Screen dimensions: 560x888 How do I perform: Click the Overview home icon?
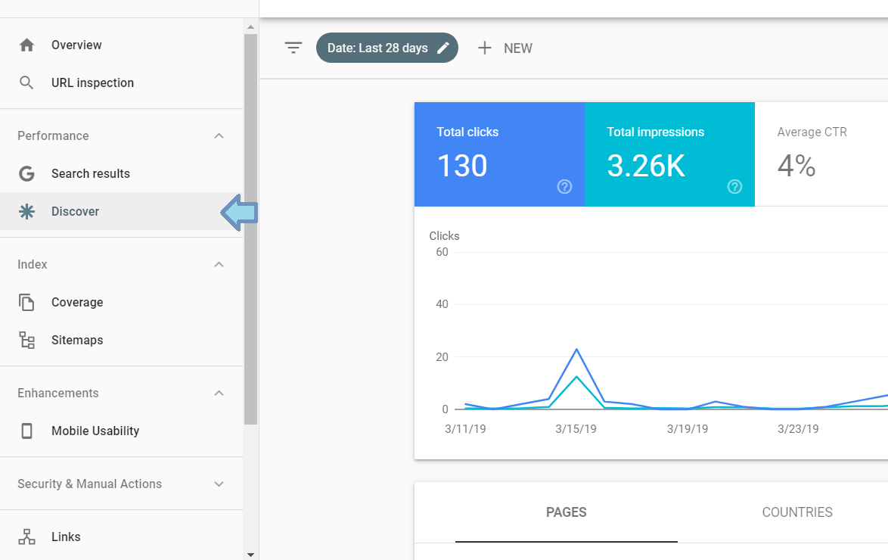click(x=27, y=45)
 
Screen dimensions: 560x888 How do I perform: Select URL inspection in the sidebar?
click(x=92, y=83)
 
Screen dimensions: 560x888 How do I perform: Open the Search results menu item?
click(x=90, y=174)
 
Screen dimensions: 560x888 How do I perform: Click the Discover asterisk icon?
click(x=27, y=212)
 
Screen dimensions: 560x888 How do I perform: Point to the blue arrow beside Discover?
click(x=239, y=214)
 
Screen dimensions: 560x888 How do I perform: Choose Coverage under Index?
click(x=76, y=303)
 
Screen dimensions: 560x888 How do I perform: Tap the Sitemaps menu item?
click(x=76, y=341)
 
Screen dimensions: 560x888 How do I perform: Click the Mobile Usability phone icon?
click(x=27, y=431)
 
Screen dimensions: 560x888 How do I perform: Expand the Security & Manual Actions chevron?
click(x=219, y=484)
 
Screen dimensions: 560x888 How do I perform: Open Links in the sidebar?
click(x=66, y=537)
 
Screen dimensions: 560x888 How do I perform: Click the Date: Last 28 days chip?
click(x=387, y=48)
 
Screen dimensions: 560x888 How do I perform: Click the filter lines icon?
click(x=293, y=48)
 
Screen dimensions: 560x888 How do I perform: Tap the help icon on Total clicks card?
click(x=564, y=187)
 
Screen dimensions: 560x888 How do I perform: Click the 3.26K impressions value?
click(x=646, y=166)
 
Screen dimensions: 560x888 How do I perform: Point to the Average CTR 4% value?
click(x=796, y=166)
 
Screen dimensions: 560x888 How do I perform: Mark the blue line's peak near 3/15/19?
click(x=577, y=349)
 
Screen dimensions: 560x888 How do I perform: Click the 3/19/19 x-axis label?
click(x=688, y=429)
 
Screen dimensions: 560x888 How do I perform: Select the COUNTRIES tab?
click(x=797, y=512)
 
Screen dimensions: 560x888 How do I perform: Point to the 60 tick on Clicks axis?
click(x=442, y=252)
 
